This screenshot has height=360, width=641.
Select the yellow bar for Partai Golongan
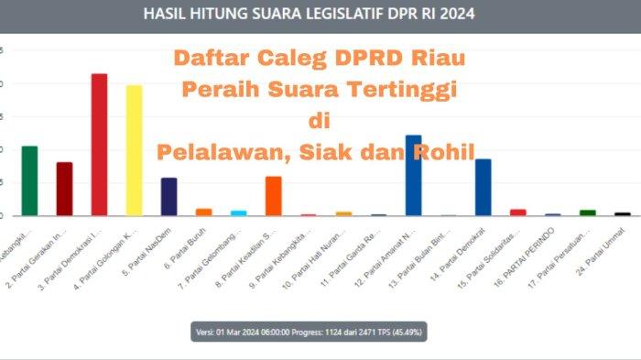click(x=134, y=150)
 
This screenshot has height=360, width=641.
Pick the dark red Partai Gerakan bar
click(x=64, y=189)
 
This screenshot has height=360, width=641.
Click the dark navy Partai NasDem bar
click(x=168, y=196)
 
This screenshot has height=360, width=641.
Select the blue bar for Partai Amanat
click(x=413, y=175)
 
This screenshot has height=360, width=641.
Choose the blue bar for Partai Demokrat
click(x=483, y=187)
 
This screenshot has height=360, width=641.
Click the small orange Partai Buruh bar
click(x=203, y=212)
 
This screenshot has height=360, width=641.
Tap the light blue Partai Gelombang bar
click(x=238, y=213)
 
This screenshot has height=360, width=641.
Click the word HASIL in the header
click(x=169, y=16)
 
